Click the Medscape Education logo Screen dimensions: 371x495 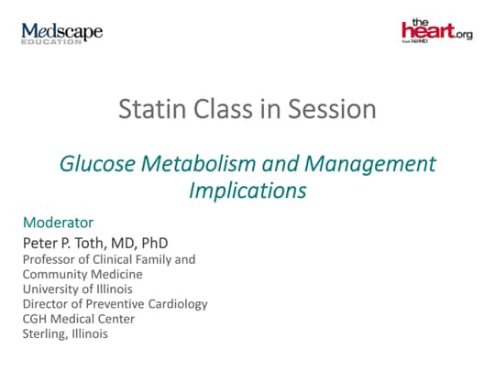click(61, 34)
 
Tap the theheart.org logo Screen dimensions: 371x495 click(436, 31)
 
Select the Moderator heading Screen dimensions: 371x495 click(58, 223)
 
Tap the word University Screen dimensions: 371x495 click(49, 289)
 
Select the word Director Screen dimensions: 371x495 click(46, 303)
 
